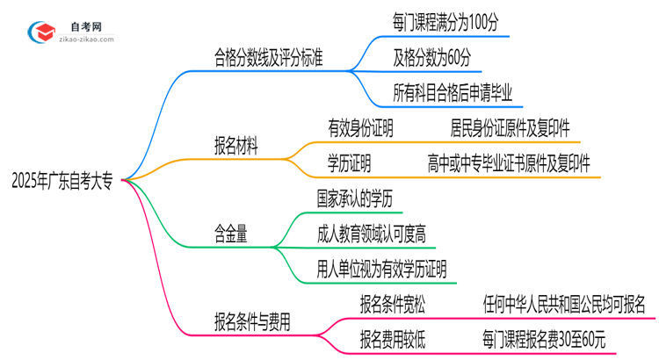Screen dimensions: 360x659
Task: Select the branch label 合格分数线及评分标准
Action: [268, 60]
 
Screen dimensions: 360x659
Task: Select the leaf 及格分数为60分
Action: [432, 59]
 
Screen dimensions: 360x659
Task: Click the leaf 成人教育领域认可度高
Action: [373, 233]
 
